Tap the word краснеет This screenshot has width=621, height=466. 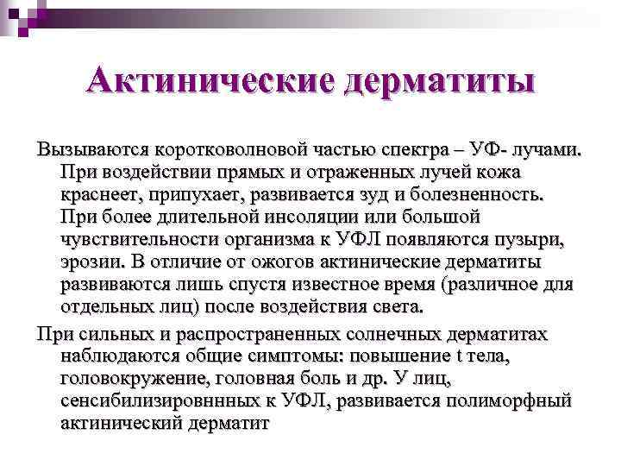point(100,193)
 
